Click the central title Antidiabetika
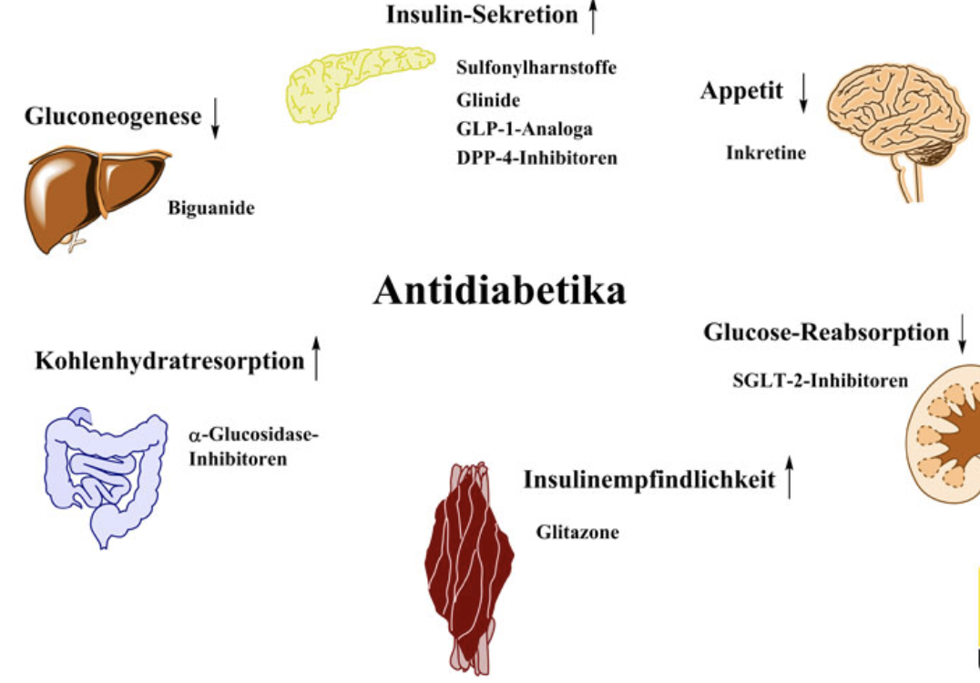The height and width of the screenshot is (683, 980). coord(499,291)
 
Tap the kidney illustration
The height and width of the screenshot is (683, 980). coord(947,437)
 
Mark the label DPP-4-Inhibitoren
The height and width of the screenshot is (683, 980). coord(537,158)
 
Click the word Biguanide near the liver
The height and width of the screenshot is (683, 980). coord(211,208)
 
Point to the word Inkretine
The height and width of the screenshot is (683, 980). coord(766,152)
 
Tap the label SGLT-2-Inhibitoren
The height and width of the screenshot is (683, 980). coord(820,381)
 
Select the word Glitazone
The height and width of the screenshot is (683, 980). coord(577,532)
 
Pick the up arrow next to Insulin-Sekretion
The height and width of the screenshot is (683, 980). coord(594,17)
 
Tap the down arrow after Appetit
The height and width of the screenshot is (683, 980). coord(803,94)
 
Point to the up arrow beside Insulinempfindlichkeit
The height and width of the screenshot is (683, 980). coord(790,479)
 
